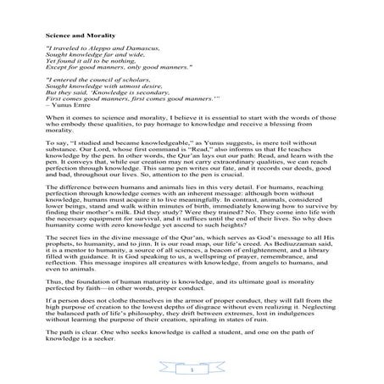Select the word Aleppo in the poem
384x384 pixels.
coord(96,50)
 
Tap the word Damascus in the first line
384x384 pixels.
coord(139,50)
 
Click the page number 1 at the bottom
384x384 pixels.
coord(192,370)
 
